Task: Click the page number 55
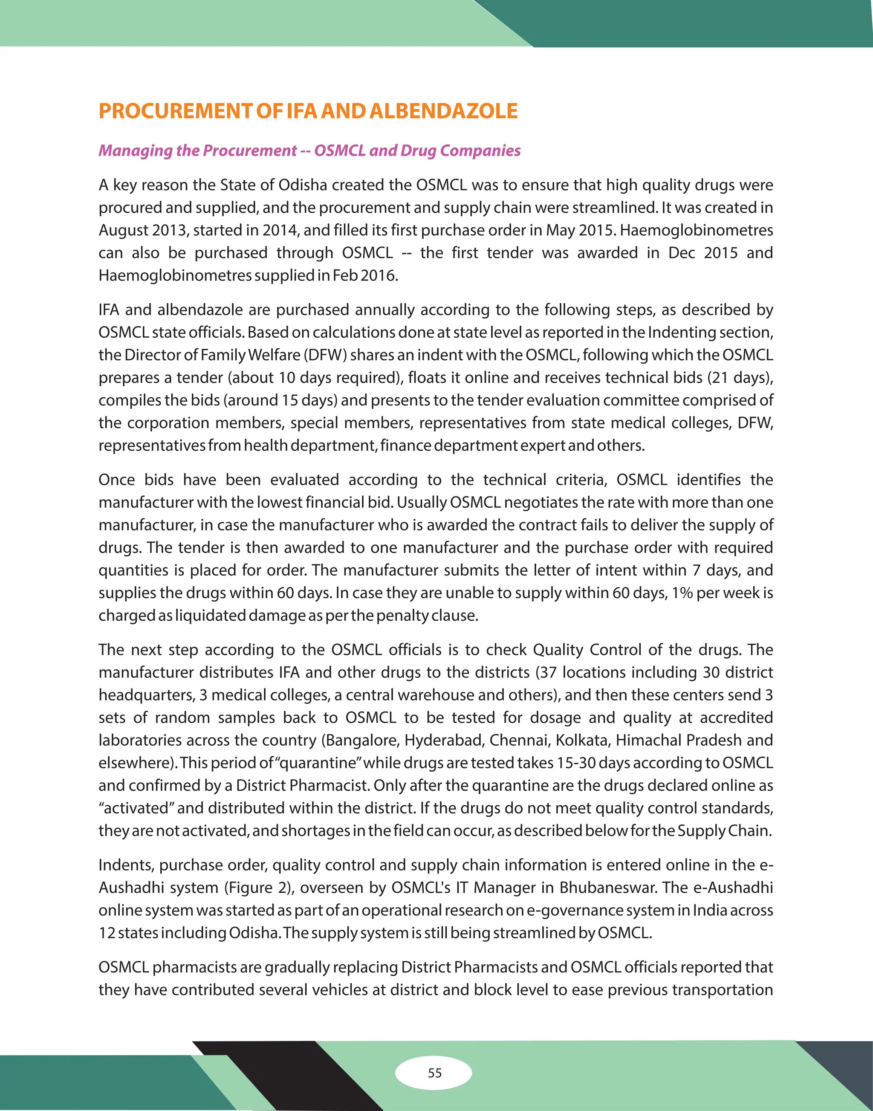pos(434,1073)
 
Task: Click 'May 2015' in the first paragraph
pos(581,230)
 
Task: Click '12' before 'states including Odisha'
pos(107,932)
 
